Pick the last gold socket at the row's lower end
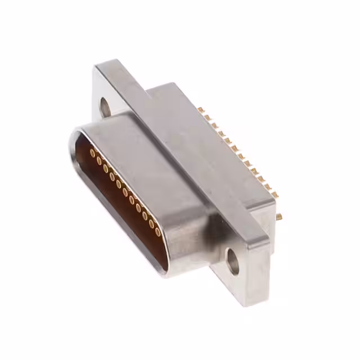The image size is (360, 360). [158, 231]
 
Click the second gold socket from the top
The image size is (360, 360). [99, 160]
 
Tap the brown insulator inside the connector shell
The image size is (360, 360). [112, 197]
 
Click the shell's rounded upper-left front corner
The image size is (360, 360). [76, 135]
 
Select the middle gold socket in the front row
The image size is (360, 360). [125, 192]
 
